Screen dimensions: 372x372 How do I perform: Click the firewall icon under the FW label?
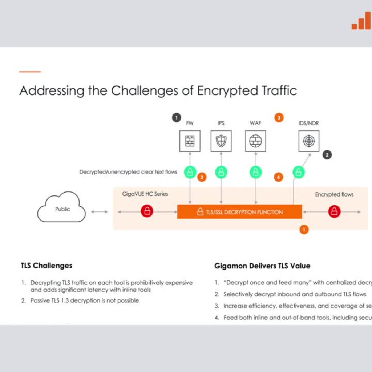click(190, 141)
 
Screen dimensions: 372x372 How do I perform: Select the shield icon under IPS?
click(221, 141)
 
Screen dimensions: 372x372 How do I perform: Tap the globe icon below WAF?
click(255, 141)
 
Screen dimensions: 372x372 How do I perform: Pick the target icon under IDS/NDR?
click(309, 141)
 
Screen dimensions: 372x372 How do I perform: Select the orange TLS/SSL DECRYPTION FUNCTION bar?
click(239, 212)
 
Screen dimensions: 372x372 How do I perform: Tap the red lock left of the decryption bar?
click(147, 211)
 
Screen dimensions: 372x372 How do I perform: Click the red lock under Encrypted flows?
click(334, 211)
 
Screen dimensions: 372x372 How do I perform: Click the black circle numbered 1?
click(176, 118)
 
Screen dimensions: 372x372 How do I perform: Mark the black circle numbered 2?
click(327, 155)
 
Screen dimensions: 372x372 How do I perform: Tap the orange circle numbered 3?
click(279, 118)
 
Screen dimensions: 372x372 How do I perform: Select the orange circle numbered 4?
click(279, 177)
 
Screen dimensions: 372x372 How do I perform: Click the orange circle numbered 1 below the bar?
click(304, 229)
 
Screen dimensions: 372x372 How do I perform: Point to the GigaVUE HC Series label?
click(145, 194)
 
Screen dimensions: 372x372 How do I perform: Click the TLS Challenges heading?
click(46, 266)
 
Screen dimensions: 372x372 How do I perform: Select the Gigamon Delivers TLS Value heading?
click(262, 266)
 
